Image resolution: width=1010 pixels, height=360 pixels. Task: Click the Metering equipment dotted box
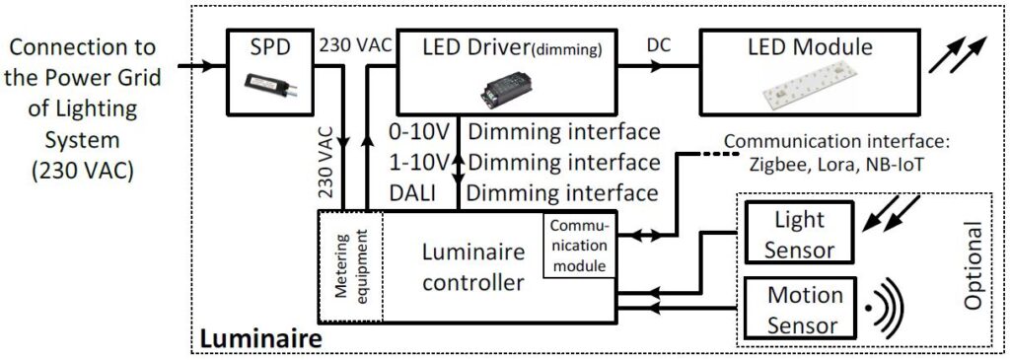point(349,266)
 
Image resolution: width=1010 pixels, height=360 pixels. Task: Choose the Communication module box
point(580,246)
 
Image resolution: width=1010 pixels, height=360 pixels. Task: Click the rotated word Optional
point(974,266)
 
